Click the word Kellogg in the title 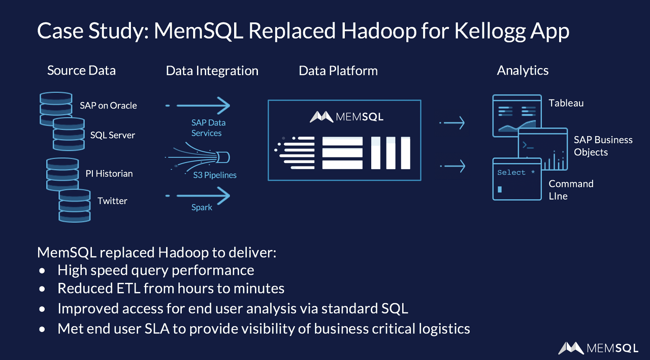[486, 31]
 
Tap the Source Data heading [81, 71]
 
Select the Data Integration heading [212, 71]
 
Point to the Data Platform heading [338, 71]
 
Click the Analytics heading [523, 71]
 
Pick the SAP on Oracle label [108, 106]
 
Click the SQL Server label [113, 135]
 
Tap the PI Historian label [109, 174]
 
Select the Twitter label [112, 201]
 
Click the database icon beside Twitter [74, 206]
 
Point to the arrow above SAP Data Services [198, 106]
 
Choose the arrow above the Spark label [198, 195]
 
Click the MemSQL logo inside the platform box [346, 117]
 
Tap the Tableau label [566, 103]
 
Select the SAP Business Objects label [603, 146]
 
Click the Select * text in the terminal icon [516, 173]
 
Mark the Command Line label [571, 190]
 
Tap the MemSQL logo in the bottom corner [598, 348]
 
